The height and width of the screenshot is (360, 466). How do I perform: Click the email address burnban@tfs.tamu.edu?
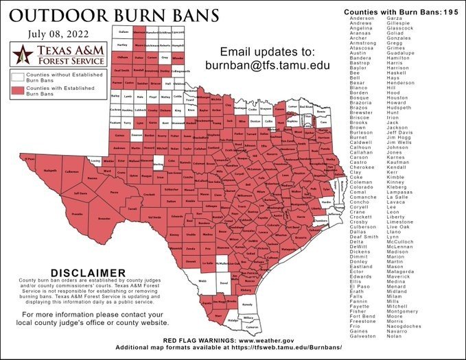pyautogui.click(x=268, y=65)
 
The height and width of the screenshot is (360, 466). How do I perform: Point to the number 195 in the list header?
pyautogui.click(x=450, y=12)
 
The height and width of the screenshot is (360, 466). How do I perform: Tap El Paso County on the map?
pyautogui.click(x=29, y=160)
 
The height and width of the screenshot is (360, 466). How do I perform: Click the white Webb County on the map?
pyautogui.click(x=203, y=280)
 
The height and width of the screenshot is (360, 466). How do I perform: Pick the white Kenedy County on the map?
pyautogui.click(x=248, y=304)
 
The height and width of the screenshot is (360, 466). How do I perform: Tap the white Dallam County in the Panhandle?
pyautogui.click(x=124, y=32)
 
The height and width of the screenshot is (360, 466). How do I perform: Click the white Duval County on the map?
pyautogui.click(x=222, y=282)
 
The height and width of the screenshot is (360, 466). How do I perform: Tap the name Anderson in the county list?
pyautogui.click(x=362, y=19)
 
